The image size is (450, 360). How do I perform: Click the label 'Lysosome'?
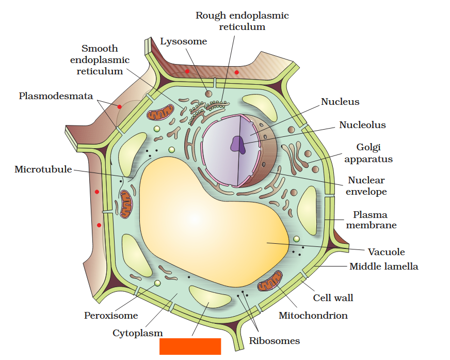point(183,41)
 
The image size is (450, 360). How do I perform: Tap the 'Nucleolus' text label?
point(362,125)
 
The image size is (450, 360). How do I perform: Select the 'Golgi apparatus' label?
point(368,153)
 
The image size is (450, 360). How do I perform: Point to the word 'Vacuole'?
point(386,252)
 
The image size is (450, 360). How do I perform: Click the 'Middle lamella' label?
point(383,267)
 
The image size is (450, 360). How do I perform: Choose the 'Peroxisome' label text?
point(111,315)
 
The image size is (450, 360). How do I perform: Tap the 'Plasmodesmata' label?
point(56,96)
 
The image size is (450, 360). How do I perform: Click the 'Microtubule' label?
point(43,169)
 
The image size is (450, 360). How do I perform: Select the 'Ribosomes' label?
point(274,340)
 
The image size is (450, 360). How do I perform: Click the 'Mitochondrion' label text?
point(313,315)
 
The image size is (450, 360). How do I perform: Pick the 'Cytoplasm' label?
point(138,333)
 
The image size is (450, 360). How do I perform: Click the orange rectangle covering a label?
point(190,346)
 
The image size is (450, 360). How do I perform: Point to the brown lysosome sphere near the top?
point(208,93)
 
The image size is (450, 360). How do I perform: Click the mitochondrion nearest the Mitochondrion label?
point(270,282)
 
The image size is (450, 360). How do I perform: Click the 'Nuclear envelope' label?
point(366,186)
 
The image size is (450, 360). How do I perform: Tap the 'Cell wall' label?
point(333,298)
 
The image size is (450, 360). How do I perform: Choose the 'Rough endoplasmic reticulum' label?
point(242,21)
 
